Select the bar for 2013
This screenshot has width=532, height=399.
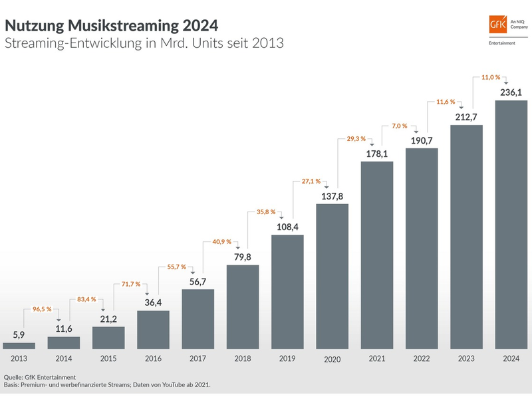pos(19,346)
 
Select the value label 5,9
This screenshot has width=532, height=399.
pos(19,334)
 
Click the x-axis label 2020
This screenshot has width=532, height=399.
pos(332,360)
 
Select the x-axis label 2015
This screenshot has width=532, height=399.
pos(108,359)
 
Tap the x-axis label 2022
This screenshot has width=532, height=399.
pos(422,359)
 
